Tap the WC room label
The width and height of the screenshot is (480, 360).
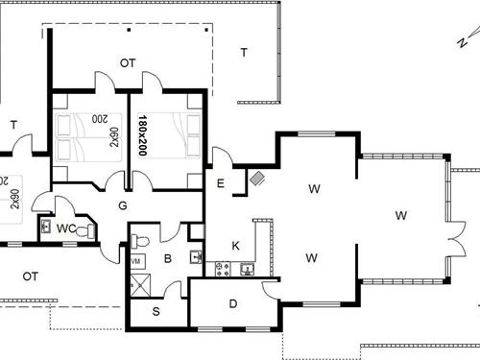tap(65, 228)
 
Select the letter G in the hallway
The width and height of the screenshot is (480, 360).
tap(123, 204)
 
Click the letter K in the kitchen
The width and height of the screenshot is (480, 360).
tap(235, 246)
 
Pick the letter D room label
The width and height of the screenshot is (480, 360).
tap(233, 304)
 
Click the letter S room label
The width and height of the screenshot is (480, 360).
tap(157, 313)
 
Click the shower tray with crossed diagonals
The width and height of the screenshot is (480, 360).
tap(143, 283)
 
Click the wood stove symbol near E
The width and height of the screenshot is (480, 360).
tap(257, 178)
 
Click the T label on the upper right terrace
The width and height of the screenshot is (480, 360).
tap(243, 53)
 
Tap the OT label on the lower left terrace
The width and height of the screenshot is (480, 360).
tap(30, 276)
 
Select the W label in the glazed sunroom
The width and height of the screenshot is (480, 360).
tap(400, 215)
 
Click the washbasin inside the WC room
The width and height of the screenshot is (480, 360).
tap(46, 227)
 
